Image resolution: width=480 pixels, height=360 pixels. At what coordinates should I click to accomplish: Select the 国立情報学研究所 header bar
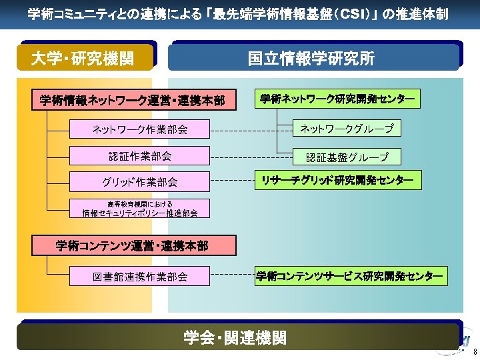pyautogui.click(x=313, y=58)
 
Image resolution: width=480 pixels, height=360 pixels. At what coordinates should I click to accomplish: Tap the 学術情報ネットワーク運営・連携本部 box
pyautogui.click(x=132, y=101)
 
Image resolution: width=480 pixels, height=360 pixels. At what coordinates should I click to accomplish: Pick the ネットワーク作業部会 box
pyautogui.click(x=139, y=129)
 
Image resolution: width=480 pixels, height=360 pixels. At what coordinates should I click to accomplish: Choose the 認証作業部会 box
pyautogui.click(x=139, y=156)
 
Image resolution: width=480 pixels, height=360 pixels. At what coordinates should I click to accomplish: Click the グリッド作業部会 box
pyautogui.click(x=139, y=181)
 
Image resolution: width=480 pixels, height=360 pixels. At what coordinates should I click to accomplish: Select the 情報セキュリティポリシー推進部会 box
pyautogui.click(x=139, y=209)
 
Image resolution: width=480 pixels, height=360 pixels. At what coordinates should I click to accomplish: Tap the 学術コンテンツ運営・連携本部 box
pyautogui.click(x=132, y=246)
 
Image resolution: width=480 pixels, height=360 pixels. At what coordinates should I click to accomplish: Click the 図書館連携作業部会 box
pyautogui.click(x=139, y=276)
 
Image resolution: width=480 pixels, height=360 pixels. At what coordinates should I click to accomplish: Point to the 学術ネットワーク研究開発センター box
pyautogui.click(x=337, y=99)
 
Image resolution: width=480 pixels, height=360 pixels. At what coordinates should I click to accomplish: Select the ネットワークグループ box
pyautogui.click(x=347, y=128)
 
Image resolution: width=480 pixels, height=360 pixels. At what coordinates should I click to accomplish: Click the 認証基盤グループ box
pyautogui.click(x=347, y=157)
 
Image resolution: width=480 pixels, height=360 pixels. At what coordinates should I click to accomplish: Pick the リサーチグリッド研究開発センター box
pyautogui.click(x=337, y=179)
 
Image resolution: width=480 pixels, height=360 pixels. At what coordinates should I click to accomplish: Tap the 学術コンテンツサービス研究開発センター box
pyautogui.click(x=350, y=275)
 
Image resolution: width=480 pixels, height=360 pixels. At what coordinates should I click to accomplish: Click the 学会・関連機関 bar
pyautogui.click(x=237, y=337)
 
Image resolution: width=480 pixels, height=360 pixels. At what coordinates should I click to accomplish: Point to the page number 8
pyautogui.click(x=475, y=351)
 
